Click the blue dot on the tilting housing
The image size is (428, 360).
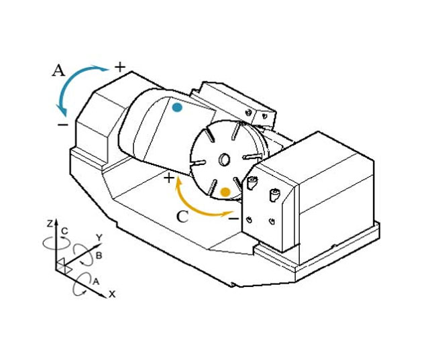coord(177,107)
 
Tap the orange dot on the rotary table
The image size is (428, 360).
coord(225,192)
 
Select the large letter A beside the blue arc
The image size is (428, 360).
coord(58,70)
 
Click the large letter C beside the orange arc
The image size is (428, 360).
coord(182,217)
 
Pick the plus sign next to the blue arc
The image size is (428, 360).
coord(120,67)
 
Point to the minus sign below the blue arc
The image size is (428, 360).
coord(63,125)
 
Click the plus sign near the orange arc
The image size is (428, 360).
coord(169,178)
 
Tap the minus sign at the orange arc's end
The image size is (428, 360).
coord(233,219)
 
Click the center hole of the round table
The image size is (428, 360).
coord(224,160)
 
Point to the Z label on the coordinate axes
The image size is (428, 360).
coord(50,224)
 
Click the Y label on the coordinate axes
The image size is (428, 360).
coord(99,237)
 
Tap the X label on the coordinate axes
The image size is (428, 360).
coord(113,294)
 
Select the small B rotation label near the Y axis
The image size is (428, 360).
coord(99,255)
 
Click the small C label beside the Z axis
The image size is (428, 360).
coord(64,231)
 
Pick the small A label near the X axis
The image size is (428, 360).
coord(96,281)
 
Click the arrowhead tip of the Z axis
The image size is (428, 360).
coord(56,219)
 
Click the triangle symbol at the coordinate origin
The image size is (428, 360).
coord(63,265)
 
